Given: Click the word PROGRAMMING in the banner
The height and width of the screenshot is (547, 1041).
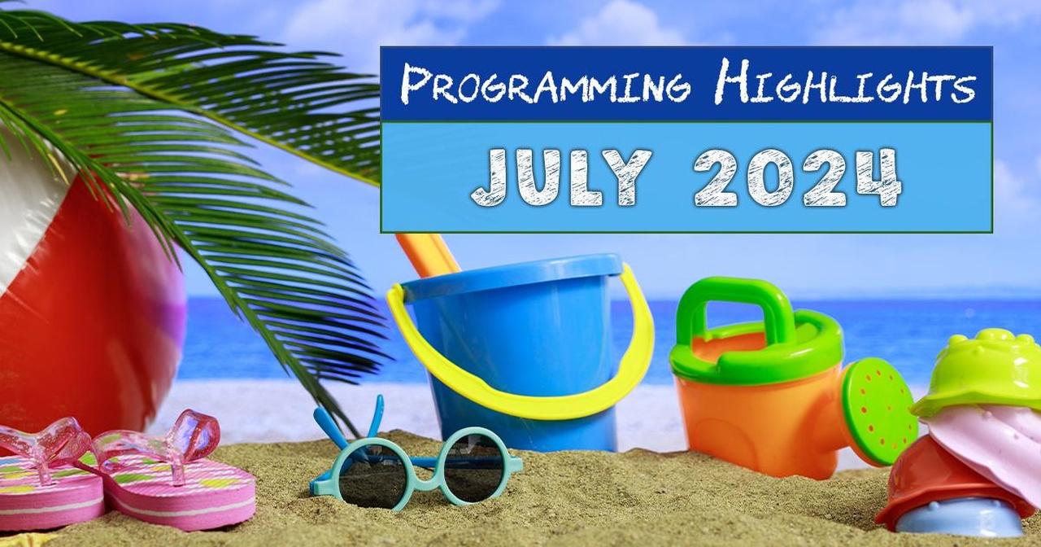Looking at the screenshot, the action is pyautogui.click(x=546, y=84).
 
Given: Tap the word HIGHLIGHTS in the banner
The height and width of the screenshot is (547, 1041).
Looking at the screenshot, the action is pyautogui.click(x=844, y=82).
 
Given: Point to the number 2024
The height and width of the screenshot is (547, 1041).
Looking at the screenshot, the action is pyautogui.click(x=798, y=177).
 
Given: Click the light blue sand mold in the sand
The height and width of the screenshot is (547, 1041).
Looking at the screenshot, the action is pyautogui.click(x=957, y=517).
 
